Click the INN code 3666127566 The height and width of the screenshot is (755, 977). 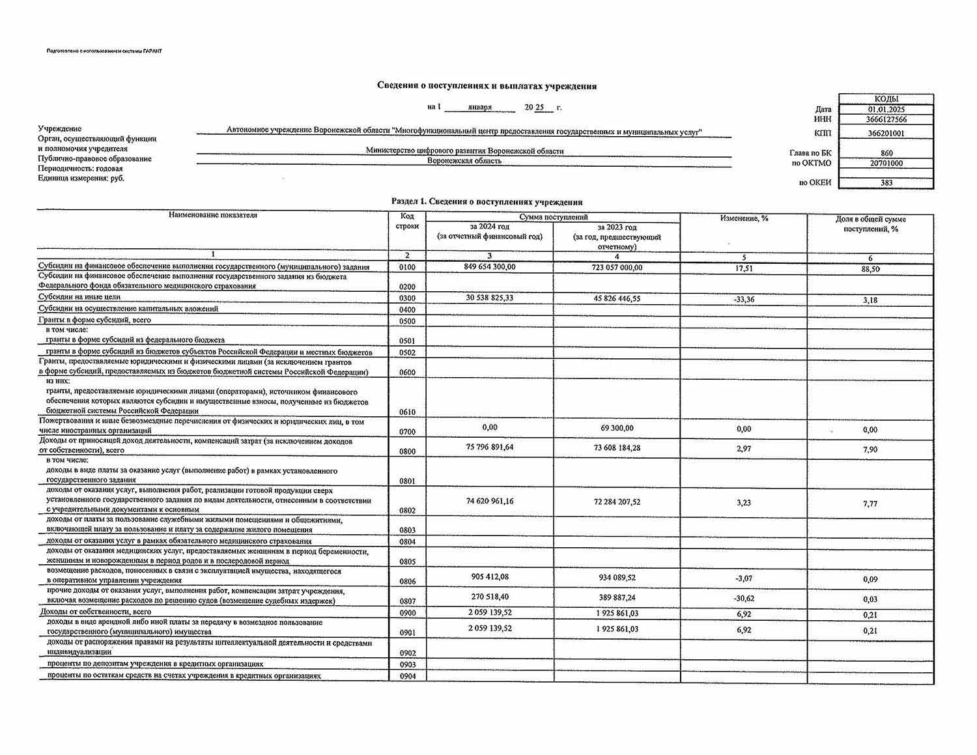886,120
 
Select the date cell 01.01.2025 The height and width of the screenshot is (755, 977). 886,109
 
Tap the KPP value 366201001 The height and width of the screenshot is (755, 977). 886,134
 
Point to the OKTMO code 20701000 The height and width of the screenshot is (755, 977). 886,164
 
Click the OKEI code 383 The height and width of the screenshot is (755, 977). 886,183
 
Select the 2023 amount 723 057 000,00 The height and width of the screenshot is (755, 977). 617,268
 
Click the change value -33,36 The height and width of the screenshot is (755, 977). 744,300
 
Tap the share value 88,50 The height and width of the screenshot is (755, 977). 870,268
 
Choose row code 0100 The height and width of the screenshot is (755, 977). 408,268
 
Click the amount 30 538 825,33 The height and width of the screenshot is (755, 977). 490,298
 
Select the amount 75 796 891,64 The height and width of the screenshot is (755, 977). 490,447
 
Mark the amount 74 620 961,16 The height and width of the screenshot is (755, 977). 490,501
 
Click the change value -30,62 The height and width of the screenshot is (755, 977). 744,598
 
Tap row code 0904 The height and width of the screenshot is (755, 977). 408,676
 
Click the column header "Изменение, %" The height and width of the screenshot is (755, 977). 744,219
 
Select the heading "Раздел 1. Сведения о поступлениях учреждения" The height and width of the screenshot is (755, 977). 487,202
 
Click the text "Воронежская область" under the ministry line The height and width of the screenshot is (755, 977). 464,161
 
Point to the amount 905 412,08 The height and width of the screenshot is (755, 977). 490,577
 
